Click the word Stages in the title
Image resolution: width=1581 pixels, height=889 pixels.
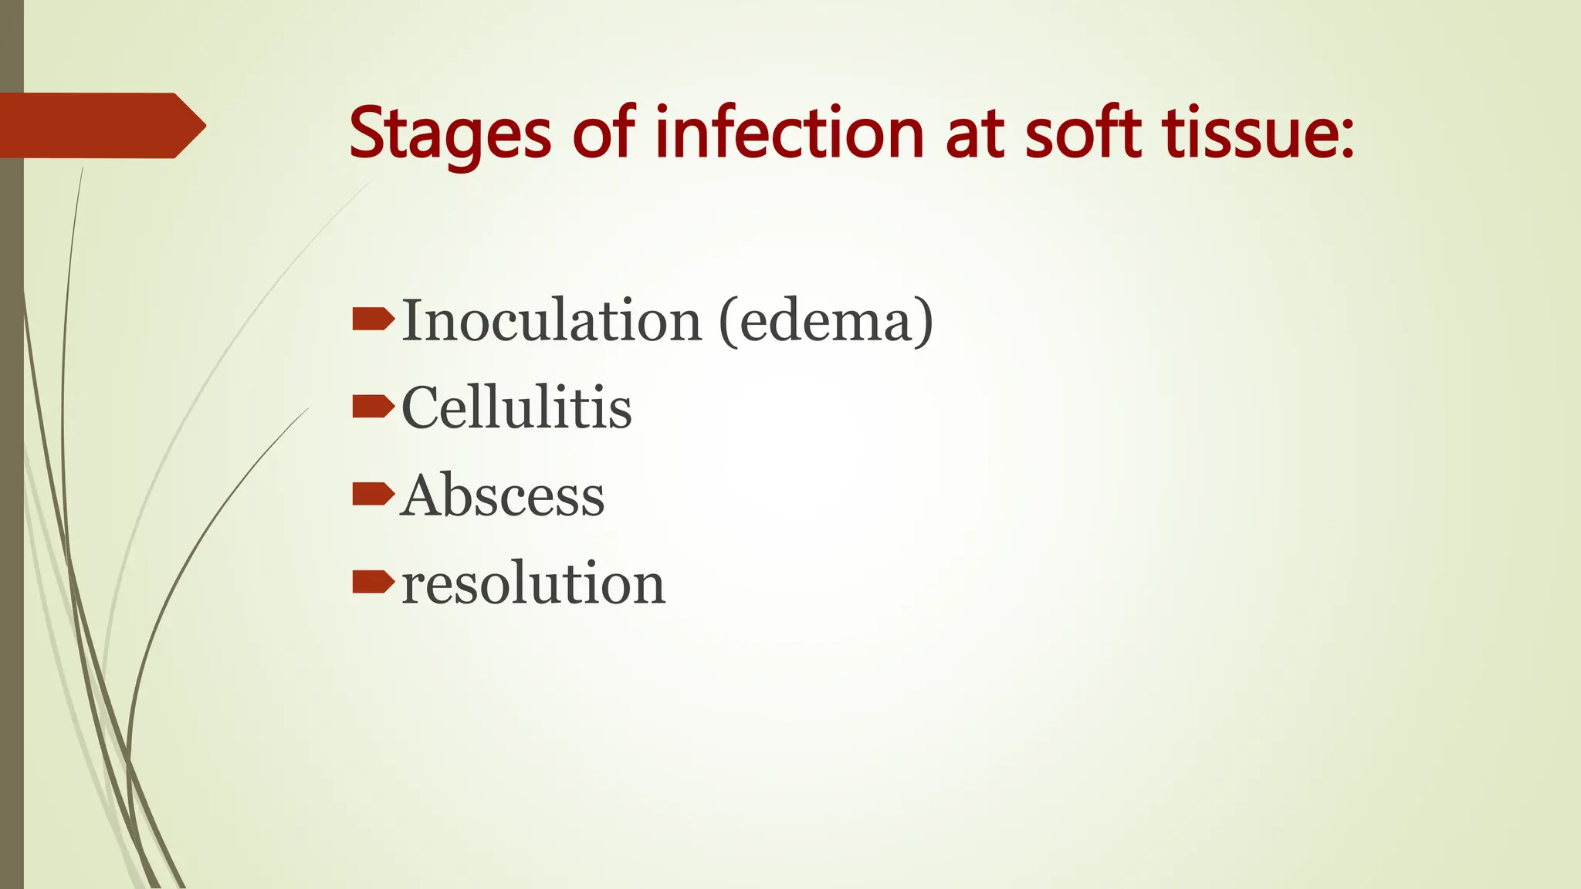[450, 134]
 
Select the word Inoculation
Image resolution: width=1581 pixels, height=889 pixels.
[551, 320]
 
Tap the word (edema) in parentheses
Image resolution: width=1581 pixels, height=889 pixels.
[826, 320]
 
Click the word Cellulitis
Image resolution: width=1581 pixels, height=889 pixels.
[516, 407]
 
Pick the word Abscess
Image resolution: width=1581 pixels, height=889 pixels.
[503, 495]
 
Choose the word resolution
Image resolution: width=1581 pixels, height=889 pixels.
[533, 583]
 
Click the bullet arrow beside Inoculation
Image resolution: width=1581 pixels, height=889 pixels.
[373, 319]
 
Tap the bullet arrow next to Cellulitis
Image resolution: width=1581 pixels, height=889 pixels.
[373, 406]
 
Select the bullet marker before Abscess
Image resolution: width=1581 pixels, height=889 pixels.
[373, 494]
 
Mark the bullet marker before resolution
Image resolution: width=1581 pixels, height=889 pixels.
[373, 582]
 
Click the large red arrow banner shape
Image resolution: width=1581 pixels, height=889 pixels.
[93, 126]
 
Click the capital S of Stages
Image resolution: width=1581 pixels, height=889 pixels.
[367, 133]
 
